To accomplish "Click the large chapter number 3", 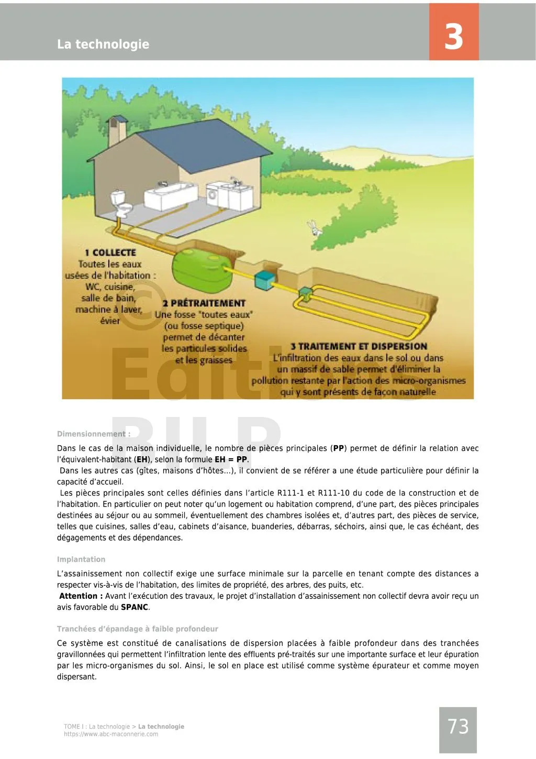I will (454, 36).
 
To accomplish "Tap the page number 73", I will (458, 727).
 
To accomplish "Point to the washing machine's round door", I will (213, 196).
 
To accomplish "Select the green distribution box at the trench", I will (305, 293).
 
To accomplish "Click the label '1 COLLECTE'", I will (110, 252).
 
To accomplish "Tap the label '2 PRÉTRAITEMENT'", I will (204, 303).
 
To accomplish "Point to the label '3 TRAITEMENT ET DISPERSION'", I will (359, 346).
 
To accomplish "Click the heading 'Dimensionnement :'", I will (94, 434).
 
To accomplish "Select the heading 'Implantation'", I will (81, 559).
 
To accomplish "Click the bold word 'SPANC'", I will (135, 607).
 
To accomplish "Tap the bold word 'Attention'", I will (79, 596).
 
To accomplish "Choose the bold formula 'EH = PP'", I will (231, 459).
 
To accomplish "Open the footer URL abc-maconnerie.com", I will (111, 734).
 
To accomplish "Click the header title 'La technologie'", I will (103, 44).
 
